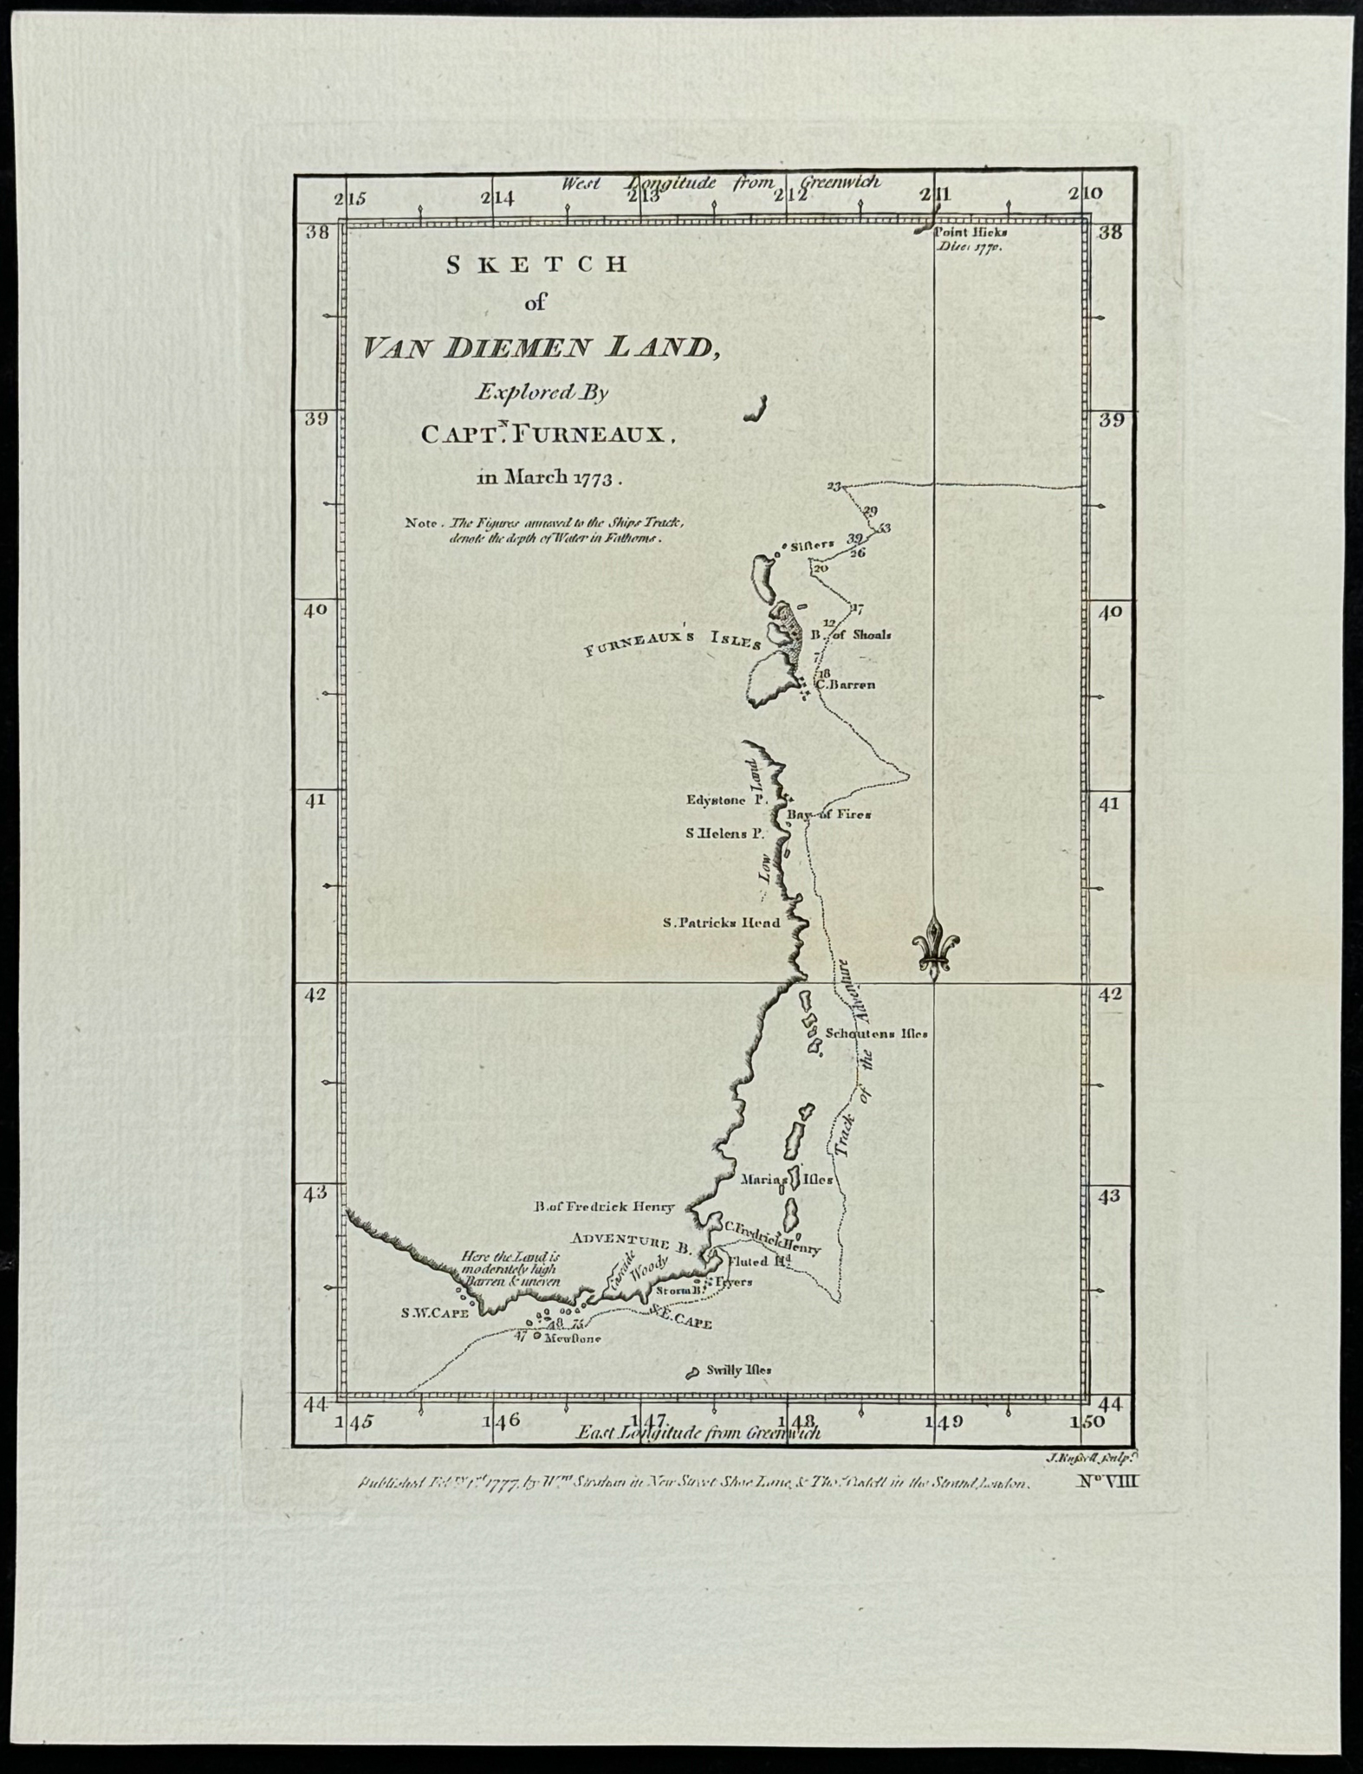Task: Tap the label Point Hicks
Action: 970,232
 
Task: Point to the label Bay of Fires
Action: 828,815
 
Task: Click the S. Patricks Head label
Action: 721,923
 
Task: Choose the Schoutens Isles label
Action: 876,1033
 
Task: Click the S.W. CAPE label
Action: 434,1337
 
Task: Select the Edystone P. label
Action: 727,800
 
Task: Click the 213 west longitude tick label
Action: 645,197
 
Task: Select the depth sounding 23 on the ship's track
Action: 834,487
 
